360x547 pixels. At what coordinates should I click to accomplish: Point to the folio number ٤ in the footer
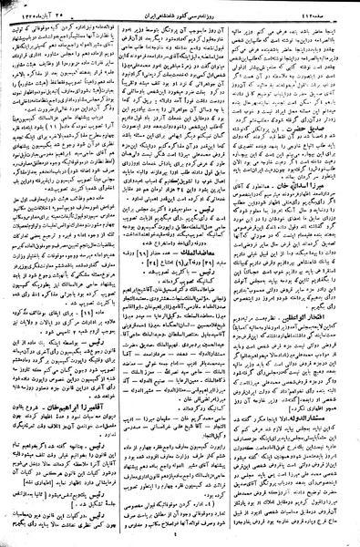181,538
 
